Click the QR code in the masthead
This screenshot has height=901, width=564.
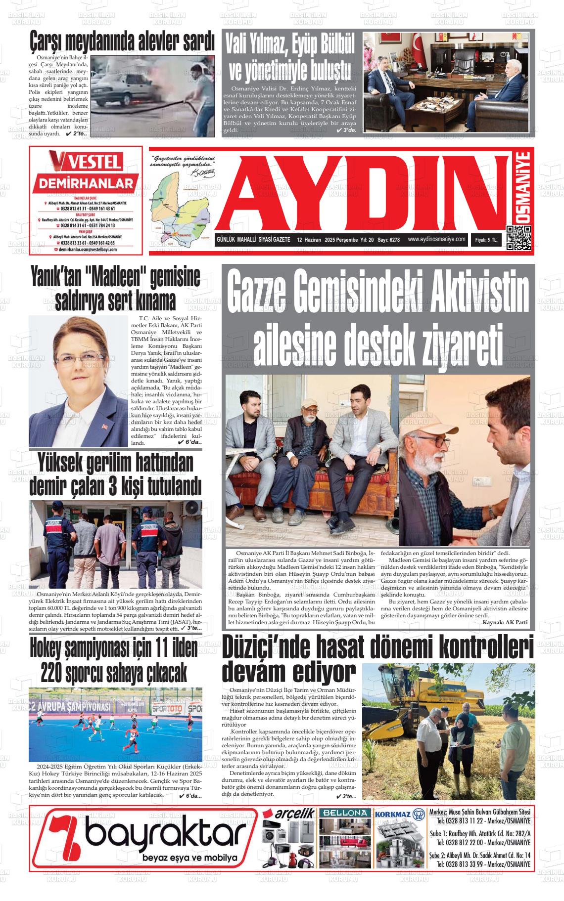(x=518, y=238)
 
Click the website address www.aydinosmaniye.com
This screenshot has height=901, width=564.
(x=437, y=239)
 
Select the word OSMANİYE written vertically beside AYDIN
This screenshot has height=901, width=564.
(x=520, y=188)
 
